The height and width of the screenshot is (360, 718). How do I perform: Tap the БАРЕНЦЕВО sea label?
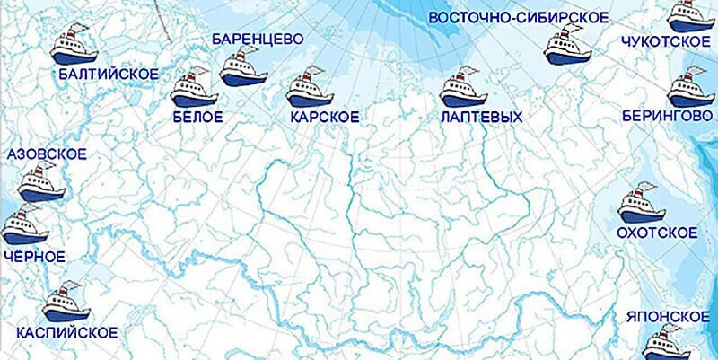pos(257,40)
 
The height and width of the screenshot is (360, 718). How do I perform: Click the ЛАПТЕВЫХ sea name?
pos(481,117)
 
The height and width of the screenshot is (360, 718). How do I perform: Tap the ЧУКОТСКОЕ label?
pos(660,42)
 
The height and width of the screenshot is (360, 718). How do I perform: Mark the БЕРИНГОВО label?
pos(661,117)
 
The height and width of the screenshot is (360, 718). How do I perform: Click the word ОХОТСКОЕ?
pos(657,233)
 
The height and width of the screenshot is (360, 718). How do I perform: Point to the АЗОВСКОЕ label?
pos(46,155)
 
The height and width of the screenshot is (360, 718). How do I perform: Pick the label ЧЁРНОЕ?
pos(34,257)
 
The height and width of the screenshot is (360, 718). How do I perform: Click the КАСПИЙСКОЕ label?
pos(66,333)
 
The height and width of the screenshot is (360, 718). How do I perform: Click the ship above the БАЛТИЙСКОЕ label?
pos(74,46)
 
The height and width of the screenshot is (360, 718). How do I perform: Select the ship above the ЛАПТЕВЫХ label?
pos(463,88)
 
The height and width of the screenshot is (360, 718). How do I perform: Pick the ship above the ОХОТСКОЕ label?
pos(642,206)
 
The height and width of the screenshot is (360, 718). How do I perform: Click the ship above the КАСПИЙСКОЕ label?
pos(67,303)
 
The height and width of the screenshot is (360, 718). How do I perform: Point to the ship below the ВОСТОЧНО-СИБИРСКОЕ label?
pos(568,46)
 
